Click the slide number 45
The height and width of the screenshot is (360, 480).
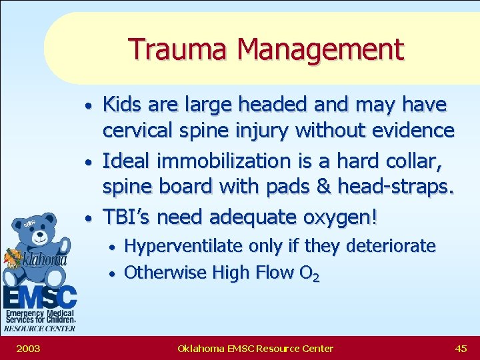(x=461, y=348)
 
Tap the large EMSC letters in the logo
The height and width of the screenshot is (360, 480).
(x=39, y=296)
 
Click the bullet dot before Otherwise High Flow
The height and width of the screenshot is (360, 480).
(x=113, y=274)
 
